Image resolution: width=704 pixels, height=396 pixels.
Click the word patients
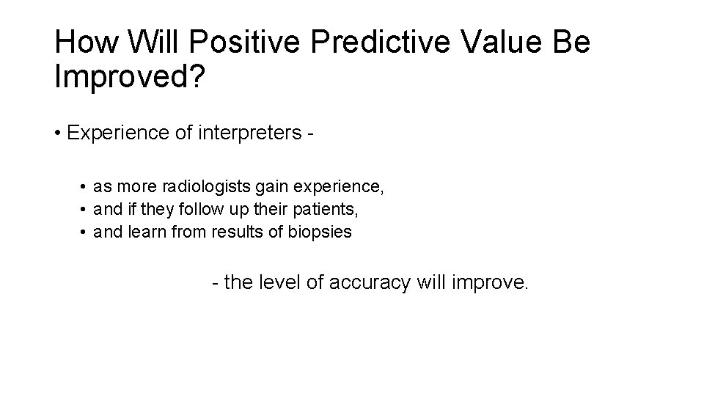coord(326,210)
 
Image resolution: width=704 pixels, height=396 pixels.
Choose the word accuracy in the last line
coord(368,282)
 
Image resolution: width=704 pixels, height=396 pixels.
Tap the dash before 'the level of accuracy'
coord(215,283)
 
